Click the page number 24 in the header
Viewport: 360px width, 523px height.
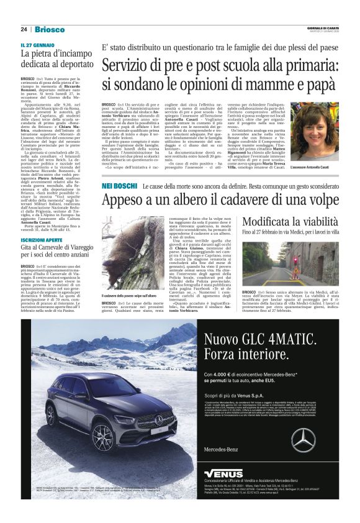pyautogui.click(x=24, y=29)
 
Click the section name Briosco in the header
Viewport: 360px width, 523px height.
pyautogui.click(x=49, y=29)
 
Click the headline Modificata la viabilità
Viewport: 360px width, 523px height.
pyautogui.click(x=286, y=222)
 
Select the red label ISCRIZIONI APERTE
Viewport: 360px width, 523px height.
pyautogui.click(x=43, y=239)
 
